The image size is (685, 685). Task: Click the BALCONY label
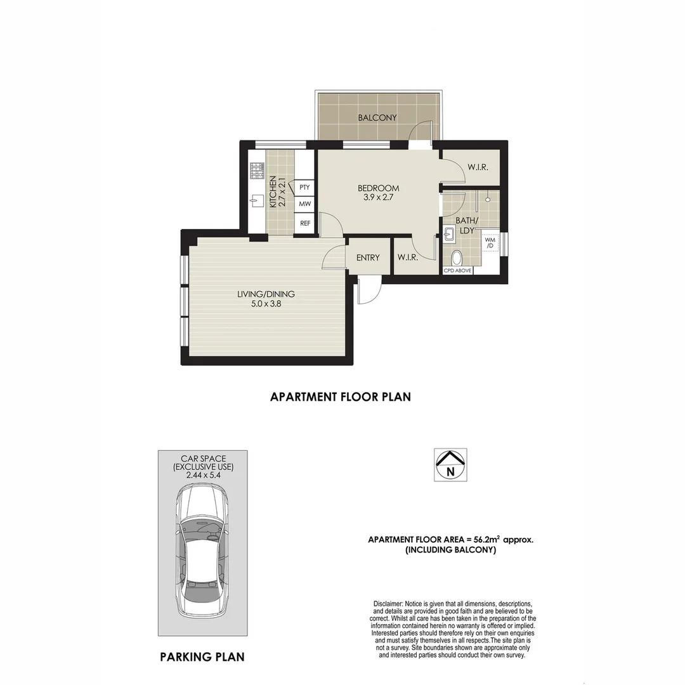[377, 117]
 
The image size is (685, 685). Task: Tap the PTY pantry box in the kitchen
[304, 187]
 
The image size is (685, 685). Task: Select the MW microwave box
[304, 204]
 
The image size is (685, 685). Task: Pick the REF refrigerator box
[304, 223]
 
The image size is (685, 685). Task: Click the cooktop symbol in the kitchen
[257, 170]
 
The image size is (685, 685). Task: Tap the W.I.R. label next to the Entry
[407, 258]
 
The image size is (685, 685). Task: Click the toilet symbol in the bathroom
[457, 258]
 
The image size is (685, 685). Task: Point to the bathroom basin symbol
[450, 235]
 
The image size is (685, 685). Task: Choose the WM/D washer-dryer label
[490, 242]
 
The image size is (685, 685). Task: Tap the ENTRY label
[368, 258]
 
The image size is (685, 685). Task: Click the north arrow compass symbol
[450, 464]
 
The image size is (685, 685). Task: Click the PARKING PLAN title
[202, 657]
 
